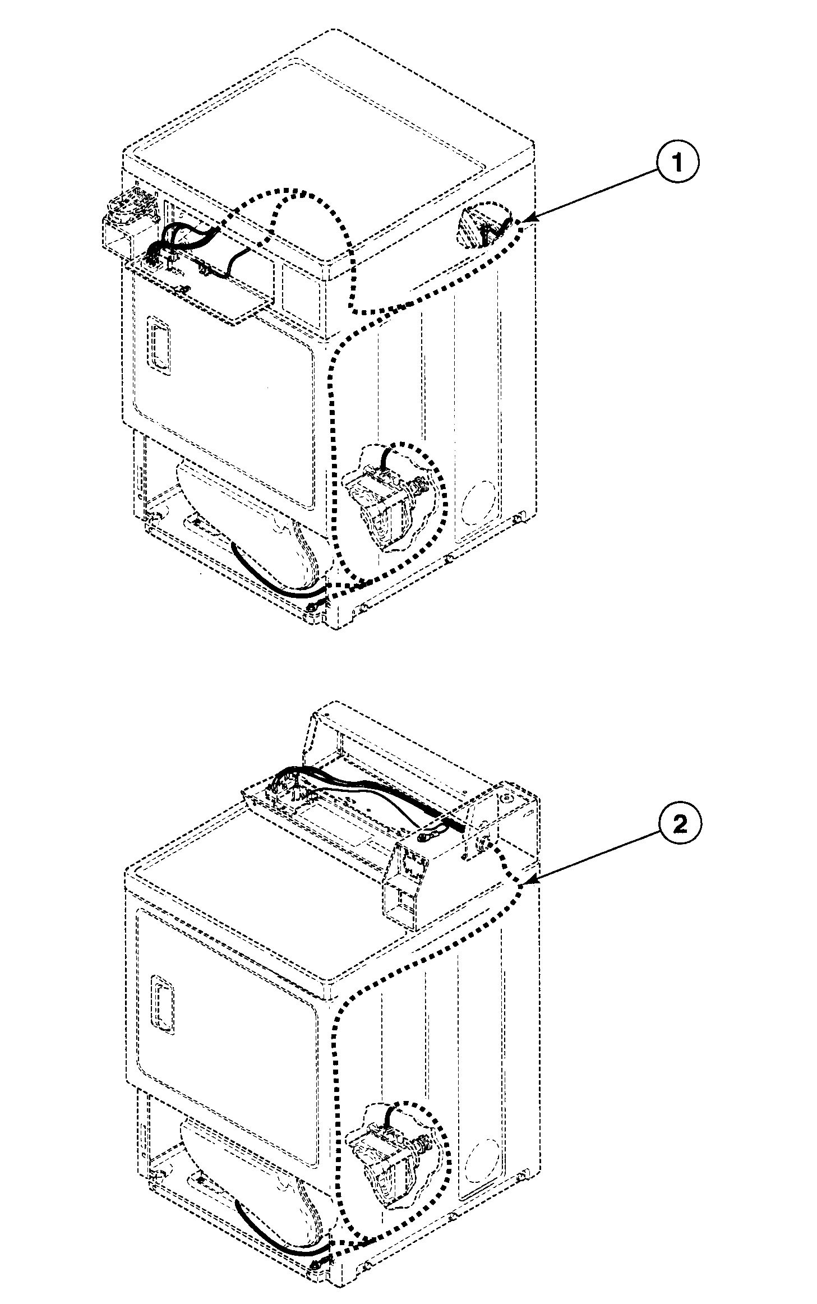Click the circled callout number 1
click(677, 163)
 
